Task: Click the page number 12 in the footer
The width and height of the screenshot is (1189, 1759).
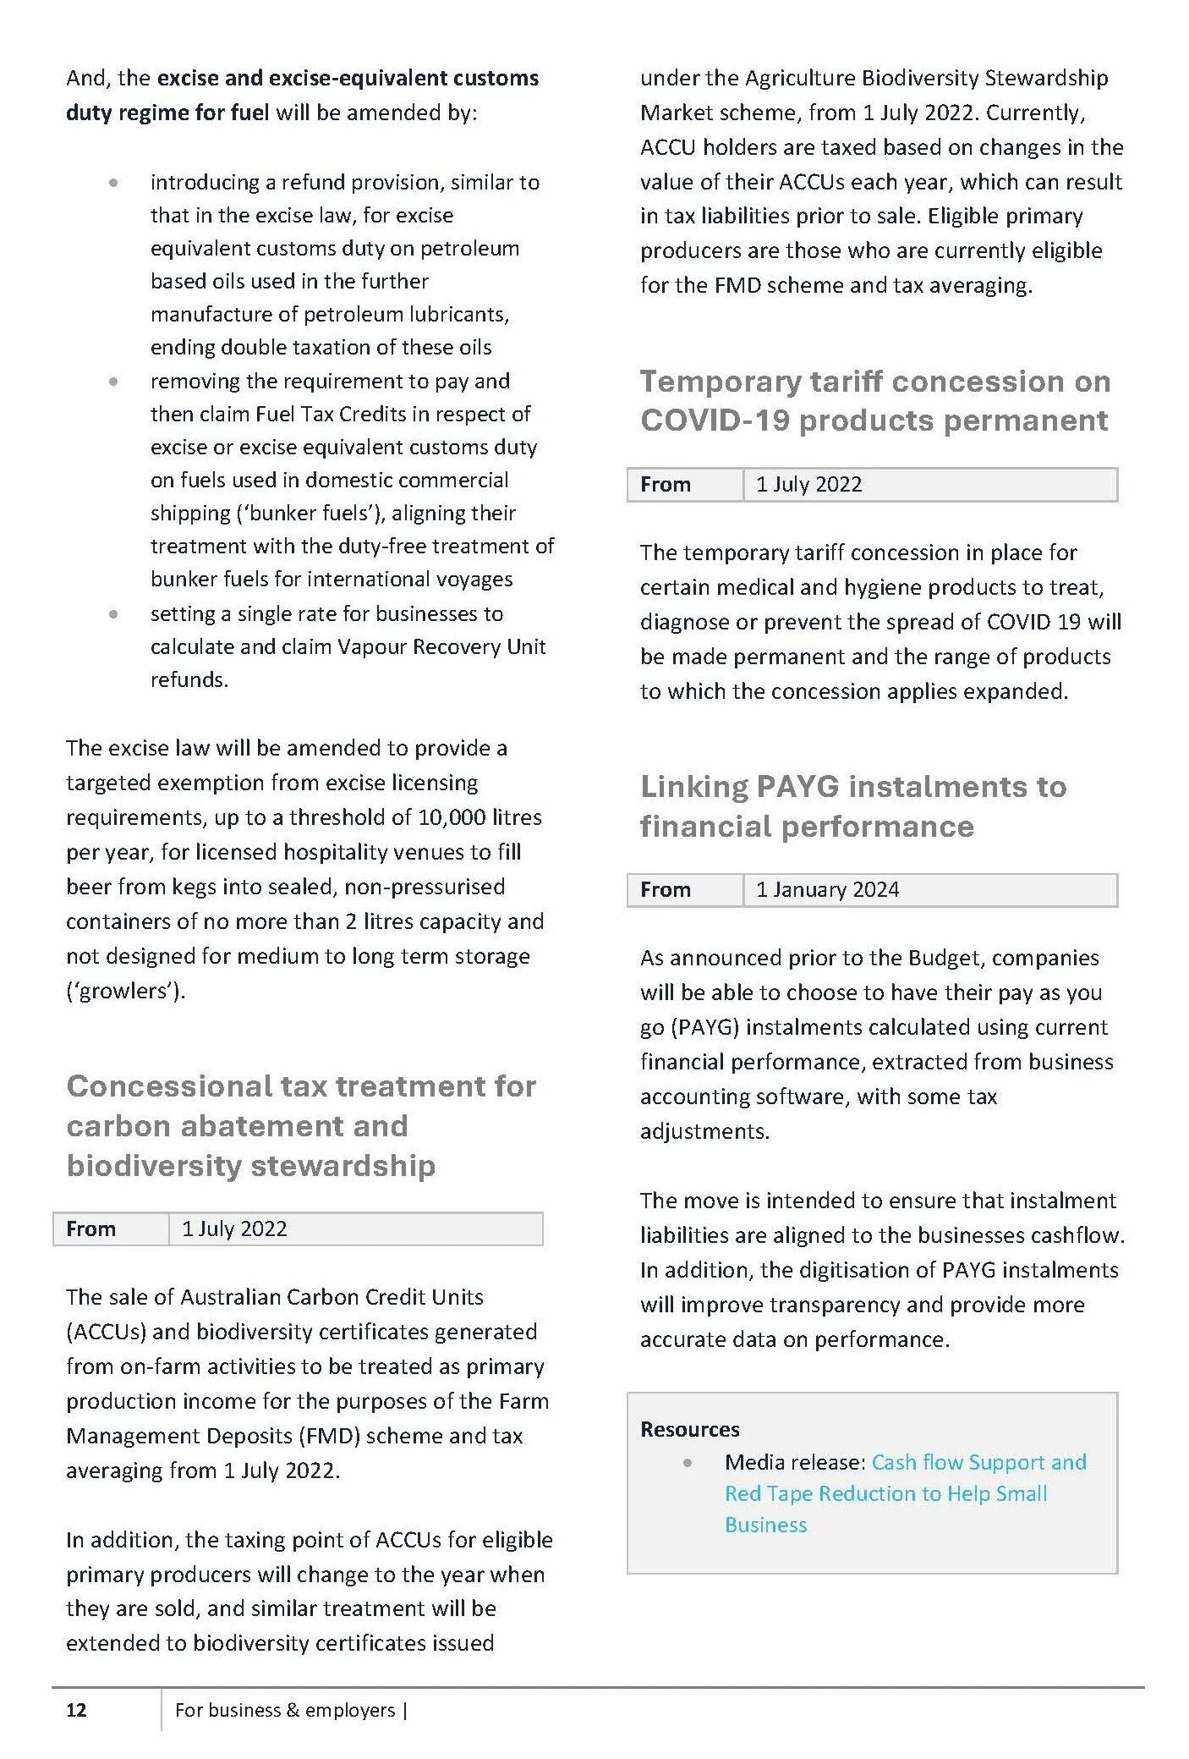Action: click(x=76, y=1710)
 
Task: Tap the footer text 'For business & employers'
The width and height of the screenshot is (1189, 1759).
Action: click(x=285, y=1710)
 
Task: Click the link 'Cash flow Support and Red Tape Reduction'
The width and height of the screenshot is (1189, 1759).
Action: click(x=905, y=1493)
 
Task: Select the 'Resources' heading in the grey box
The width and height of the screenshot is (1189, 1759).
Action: click(x=689, y=1429)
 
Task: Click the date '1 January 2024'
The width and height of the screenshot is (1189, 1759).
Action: click(x=827, y=889)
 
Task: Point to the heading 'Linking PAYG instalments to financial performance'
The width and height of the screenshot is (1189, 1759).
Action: click(x=852, y=805)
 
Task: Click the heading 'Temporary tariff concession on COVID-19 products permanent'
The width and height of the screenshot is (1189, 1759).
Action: click(x=874, y=400)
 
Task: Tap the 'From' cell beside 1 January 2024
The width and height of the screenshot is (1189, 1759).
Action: click(x=666, y=889)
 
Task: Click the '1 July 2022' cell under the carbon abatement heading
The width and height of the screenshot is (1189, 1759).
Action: click(x=234, y=1229)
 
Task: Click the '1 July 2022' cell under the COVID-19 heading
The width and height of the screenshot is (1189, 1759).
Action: click(x=808, y=484)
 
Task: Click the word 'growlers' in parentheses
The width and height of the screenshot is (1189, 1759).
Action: click(x=125, y=991)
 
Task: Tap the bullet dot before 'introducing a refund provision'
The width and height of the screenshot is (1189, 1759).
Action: click(x=113, y=182)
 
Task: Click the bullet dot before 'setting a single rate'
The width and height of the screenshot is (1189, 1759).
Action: click(x=113, y=613)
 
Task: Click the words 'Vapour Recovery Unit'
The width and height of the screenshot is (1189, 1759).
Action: click(x=441, y=647)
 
